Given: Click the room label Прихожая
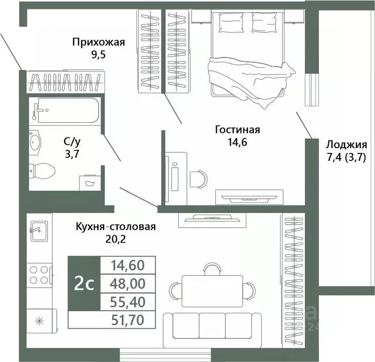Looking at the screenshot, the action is pyautogui.click(x=99, y=42).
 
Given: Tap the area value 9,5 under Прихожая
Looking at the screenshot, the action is pyautogui.click(x=98, y=55).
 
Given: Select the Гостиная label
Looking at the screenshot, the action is pyautogui.click(x=237, y=130).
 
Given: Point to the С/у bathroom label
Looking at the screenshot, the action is pyautogui.click(x=72, y=142).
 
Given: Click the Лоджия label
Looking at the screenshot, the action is pyautogui.click(x=347, y=144).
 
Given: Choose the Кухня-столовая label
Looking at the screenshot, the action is pyautogui.click(x=116, y=227).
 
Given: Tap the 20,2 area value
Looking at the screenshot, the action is pyautogui.click(x=116, y=239).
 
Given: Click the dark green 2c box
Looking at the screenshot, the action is pyautogui.click(x=84, y=284).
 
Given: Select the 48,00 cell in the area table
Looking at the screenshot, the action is pyautogui.click(x=128, y=284).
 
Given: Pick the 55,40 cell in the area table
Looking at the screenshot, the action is pyautogui.click(x=128, y=302).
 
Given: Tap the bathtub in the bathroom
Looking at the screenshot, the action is pyautogui.click(x=66, y=110).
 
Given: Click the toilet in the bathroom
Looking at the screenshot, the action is pyautogui.click(x=42, y=171).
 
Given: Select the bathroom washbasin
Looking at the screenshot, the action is pyautogui.click(x=35, y=143).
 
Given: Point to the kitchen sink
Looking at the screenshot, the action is pyautogui.click(x=39, y=231).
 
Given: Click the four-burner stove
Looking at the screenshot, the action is pyautogui.click(x=40, y=275).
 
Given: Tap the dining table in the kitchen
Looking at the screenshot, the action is pyautogui.click(x=212, y=291).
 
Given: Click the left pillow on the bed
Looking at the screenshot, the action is pyautogui.click(x=231, y=23).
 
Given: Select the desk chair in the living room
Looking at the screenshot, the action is pyautogui.click(x=199, y=179).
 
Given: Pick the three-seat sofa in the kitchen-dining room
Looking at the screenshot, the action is pyautogui.click(x=212, y=330).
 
